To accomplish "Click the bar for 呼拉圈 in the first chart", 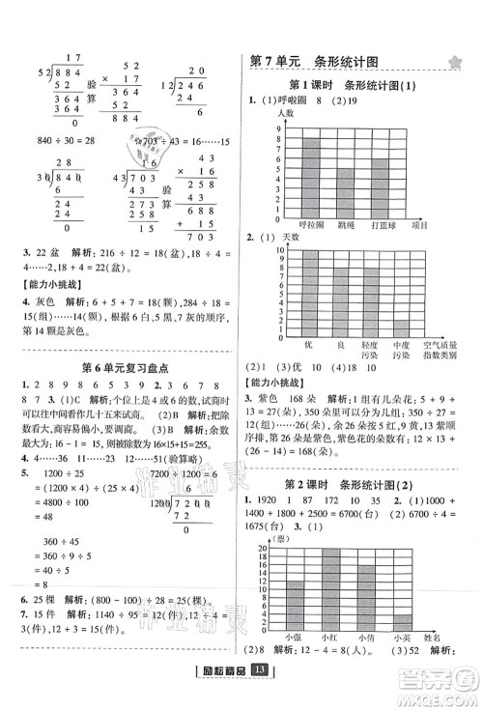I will click(x=311, y=178).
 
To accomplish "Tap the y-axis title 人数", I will click(x=284, y=114).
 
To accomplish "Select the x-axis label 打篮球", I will click(x=386, y=224).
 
